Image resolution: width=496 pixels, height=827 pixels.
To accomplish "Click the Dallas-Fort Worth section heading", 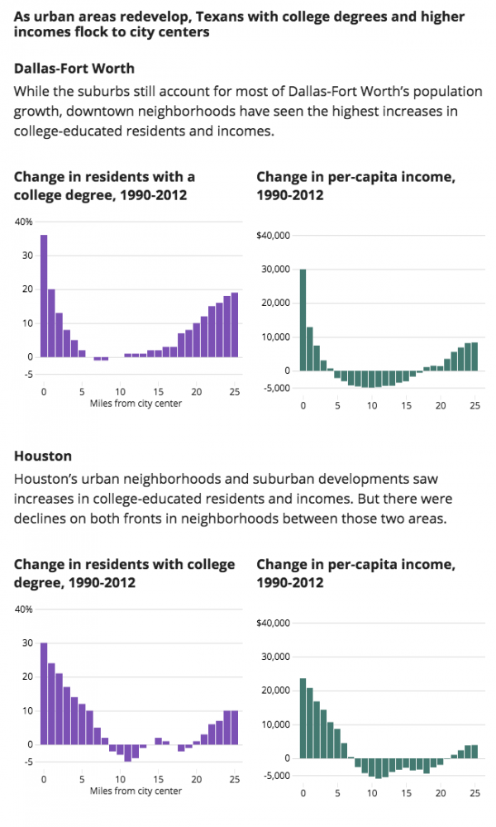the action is [x=74, y=69].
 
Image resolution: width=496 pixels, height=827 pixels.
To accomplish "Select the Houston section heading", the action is [x=43, y=457].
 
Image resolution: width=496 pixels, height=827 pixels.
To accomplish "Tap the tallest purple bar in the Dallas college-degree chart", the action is [x=44, y=296].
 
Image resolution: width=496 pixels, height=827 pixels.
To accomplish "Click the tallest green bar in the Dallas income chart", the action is [x=303, y=320].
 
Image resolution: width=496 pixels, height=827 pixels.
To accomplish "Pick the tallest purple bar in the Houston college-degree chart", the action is [x=44, y=694].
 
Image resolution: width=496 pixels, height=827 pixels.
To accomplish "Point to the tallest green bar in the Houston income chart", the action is [x=303, y=719].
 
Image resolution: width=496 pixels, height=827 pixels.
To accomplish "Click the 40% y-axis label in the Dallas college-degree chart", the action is [x=24, y=222].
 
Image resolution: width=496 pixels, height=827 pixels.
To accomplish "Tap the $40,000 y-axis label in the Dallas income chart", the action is [x=273, y=235].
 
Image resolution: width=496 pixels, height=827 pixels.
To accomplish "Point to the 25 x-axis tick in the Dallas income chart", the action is [x=475, y=405].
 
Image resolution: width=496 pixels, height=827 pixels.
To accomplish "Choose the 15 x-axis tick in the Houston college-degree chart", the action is [x=159, y=780].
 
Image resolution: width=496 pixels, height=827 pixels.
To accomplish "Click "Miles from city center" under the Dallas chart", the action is [x=136, y=404].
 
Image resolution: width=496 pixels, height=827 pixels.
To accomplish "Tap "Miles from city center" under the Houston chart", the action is [x=136, y=791].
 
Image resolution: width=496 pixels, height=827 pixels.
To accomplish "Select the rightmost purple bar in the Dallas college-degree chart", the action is [x=235, y=325].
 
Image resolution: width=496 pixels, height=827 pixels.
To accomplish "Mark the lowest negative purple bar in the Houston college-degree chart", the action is [x=127, y=753].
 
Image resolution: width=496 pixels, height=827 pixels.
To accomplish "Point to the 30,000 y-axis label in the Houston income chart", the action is [x=275, y=657].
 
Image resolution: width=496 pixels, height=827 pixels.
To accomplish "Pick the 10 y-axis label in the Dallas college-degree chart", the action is [x=28, y=323].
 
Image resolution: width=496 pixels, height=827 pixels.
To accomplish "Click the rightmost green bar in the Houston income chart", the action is [x=475, y=752].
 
